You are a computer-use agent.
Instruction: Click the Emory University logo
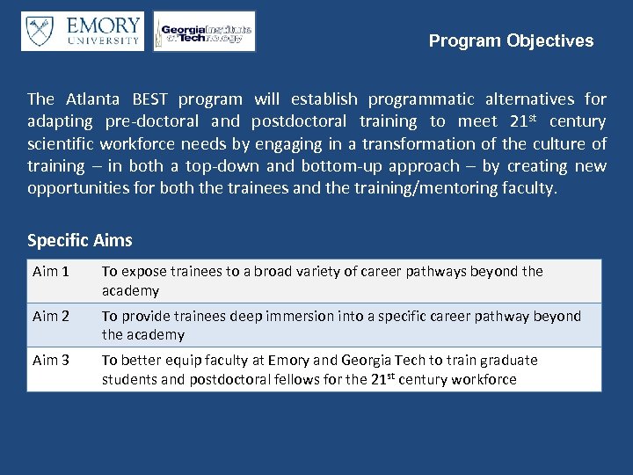tap(83, 31)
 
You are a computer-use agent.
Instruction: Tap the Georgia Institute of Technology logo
tap(204, 32)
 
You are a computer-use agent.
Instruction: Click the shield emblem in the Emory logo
tap(40, 31)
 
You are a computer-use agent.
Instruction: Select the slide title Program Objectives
tap(511, 40)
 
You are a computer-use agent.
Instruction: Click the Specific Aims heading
tap(80, 240)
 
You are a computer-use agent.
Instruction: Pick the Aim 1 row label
tap(50, 272)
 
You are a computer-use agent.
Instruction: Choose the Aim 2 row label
tap(50, 316)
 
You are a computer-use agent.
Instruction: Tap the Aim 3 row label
tap(50, 360)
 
